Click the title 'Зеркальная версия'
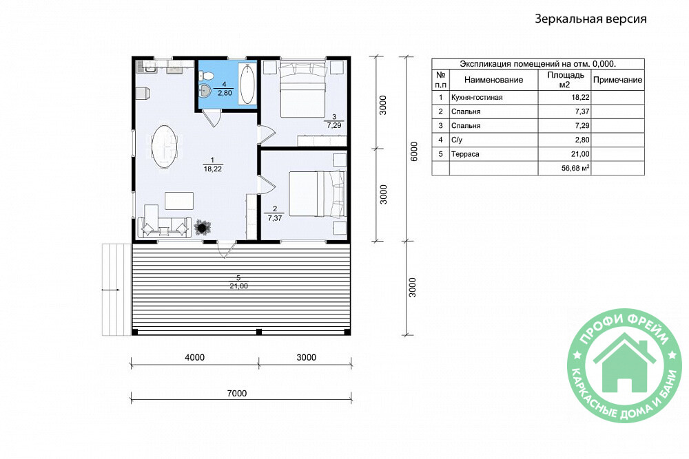590,19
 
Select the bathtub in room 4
247,84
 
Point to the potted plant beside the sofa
203,227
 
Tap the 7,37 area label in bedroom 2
275,217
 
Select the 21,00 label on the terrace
238,286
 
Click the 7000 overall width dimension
237,393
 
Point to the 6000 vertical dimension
413,151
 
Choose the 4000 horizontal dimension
195,357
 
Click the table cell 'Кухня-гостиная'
477,98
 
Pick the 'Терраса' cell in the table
465,154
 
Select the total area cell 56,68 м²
575,168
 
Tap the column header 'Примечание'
617,80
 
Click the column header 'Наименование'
493,80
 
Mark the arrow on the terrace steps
110,290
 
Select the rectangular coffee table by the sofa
179,200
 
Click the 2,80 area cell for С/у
582,140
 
